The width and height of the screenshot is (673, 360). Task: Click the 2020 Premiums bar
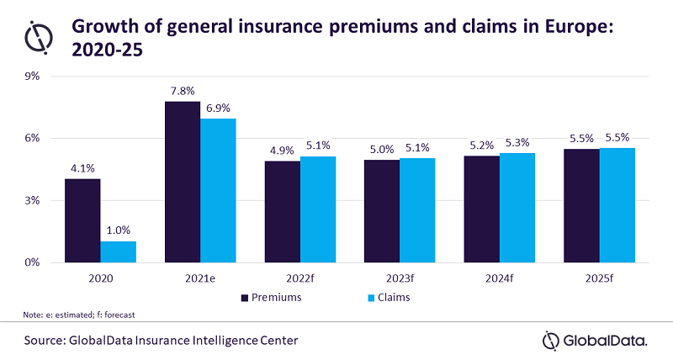tap(82, 220)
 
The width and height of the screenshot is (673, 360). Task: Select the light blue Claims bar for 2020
tap(118, 251)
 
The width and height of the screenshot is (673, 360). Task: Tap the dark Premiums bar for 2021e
tap(183, 182)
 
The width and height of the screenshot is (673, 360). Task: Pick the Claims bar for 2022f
tap(318, 209)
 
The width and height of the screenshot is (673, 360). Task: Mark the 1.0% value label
tap(119, 230)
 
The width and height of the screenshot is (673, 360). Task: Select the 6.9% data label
tap(217, 108)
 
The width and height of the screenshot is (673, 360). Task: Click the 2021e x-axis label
tap(199, 277)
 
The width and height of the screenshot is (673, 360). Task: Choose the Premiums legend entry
tap(271, 297)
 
